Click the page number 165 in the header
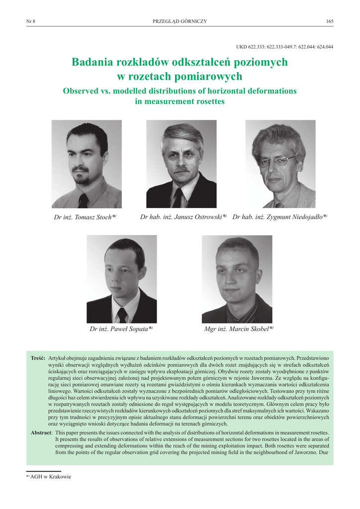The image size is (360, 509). pyautogui.click(x=330, y=21)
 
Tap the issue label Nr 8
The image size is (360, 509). pyautogui.click(x=30, y=21)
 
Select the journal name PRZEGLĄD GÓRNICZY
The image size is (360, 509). pyautogui.click(x=180, y=21)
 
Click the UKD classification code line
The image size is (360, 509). pyautogui.click(x=284, y=47)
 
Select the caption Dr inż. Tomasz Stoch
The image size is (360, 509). pyautogui.click(x=85, y=217)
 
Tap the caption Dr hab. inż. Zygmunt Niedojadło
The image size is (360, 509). pyautogui.click(x=279, y=217)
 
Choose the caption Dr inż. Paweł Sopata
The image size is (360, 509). pyautogui.click(x=121, y=329)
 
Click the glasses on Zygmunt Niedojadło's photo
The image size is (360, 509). pyautogui.click(x=277, y=161)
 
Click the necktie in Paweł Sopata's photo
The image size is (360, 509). pyautogui.click(x=122, y=315)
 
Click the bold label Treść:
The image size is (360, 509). pyautogui.click(x=38, y=358)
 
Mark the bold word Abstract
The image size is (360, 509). pyautogui.click(x=41, y=433)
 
